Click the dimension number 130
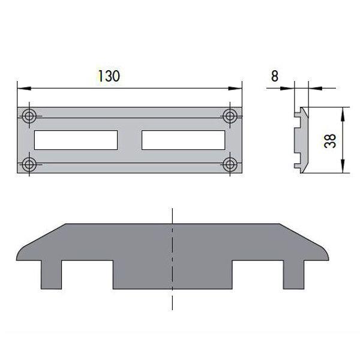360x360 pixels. [109, 76]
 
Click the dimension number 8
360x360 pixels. [274, 76]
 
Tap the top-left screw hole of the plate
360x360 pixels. [29, 116]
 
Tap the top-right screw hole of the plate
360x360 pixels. [230, 116]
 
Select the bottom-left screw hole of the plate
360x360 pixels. [29, 163]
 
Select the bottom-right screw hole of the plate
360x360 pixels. [230, 163]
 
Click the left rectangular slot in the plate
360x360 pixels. [76, 140]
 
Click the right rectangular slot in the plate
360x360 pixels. [183, 140]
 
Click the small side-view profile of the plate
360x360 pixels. [301, 140]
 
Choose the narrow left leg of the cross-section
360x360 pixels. [50, 274]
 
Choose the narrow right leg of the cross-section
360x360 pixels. [294, 274]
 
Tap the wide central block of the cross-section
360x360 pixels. [172, 264]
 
